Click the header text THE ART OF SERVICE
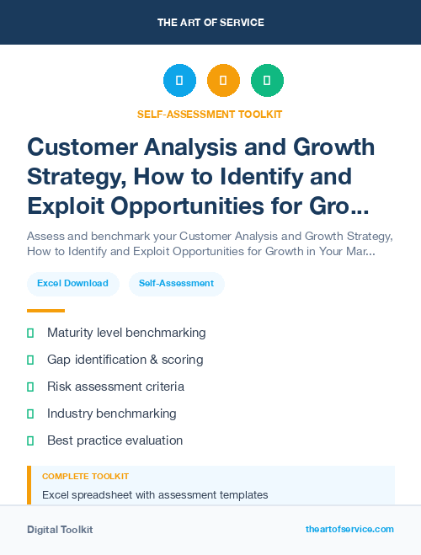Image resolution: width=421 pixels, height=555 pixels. pyautogui.click(x=210, y=23)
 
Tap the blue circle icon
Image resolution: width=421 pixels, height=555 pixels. pyautogui.click(x=179, y=81)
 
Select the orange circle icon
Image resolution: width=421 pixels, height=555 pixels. pyautogui.click(x=223, y=81)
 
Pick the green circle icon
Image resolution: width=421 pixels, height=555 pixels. pyautogui.click(x=267, y=81)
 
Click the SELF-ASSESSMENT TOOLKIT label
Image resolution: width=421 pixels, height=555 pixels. pyautogui.click(x=210, y=114)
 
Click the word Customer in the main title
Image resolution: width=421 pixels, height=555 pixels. pyautogui.click(x=77, y=147)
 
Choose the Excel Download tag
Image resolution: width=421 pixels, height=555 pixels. pyautogui.click(x=72, y=283)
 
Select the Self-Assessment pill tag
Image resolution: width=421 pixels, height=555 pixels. pyautogui.click(x=176, y=283)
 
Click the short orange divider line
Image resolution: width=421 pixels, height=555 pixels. pyautogui.click(x=45, y=311)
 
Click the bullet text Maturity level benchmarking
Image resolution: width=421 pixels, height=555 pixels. pyautogui.click(x=126, y=333)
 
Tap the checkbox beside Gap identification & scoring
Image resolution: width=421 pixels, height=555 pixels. pyautogui.click(x=30, y=360)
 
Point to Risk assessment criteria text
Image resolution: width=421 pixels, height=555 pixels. pyautogui.click(x=115, y=387)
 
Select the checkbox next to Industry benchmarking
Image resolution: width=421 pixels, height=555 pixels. pyautogui.click(x=30, y=414)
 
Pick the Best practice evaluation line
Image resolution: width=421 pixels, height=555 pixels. pyautogui.click(x=115, y=440)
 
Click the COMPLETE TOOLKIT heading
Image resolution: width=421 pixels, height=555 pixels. pyautogui.click(x=85, y=477)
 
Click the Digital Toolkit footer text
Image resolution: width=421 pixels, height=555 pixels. pyautogui.click(x=60, y=530)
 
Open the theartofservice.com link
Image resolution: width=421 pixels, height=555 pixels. pyautogui.click(x=349, y=529)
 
